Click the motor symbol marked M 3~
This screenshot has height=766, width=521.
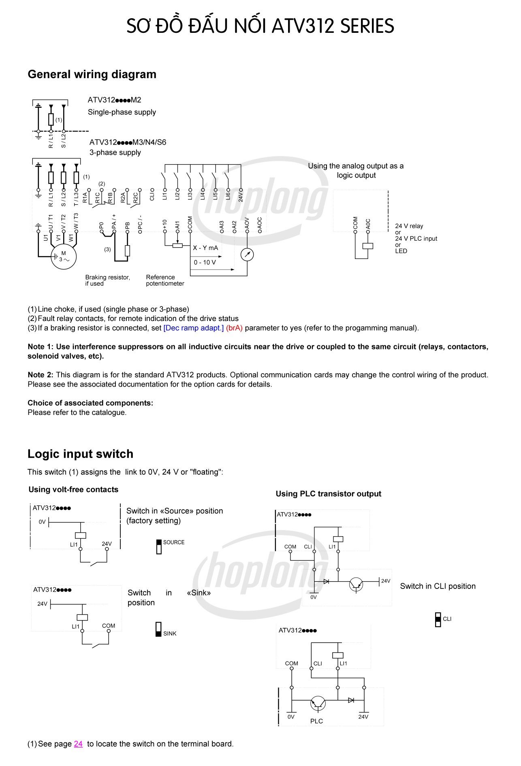pos(63,257)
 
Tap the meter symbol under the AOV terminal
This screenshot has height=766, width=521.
pos(247,255)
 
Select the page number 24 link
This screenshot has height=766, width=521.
pos(78,744)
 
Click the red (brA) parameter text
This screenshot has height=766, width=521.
pos(235,328)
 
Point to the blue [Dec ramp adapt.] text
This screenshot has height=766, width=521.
pos(194,328)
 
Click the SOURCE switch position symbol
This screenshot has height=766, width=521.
pos(159,547)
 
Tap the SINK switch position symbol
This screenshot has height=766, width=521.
pos(158,629)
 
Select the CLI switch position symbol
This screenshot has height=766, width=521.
pos(438,620)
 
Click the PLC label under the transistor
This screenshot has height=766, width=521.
pos(316,721)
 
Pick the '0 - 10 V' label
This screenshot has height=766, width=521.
pos(205,262)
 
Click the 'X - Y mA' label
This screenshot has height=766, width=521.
pos(205,248)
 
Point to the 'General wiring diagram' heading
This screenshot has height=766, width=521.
pos(92,74)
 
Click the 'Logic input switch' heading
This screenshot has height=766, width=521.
pos(80,454)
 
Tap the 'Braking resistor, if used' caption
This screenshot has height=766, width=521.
pos(107,280)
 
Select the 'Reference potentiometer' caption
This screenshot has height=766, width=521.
pos(165,280)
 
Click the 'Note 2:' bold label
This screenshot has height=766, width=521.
pos(41,375)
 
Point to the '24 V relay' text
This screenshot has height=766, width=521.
pos(409,226)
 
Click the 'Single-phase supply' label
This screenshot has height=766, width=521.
pos(122,112)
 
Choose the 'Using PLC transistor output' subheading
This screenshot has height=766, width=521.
pos(329,494)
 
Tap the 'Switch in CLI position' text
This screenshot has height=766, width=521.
pos(438,586)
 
